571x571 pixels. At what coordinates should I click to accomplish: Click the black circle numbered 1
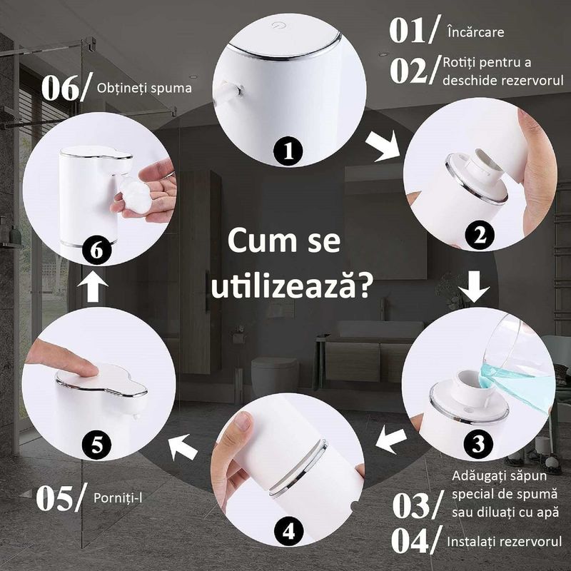pyautogui.click(x=289, y=151)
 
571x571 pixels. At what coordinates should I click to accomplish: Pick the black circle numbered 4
pyautogui.click(x=288, y=532)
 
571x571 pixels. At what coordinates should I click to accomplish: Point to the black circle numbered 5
pyautogui.click(x=97, y=444)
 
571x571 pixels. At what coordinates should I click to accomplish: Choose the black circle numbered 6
pyautogui.click(x=97, y=250)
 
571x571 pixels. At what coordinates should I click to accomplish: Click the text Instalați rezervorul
pyautogui.click(x=504, y=542)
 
